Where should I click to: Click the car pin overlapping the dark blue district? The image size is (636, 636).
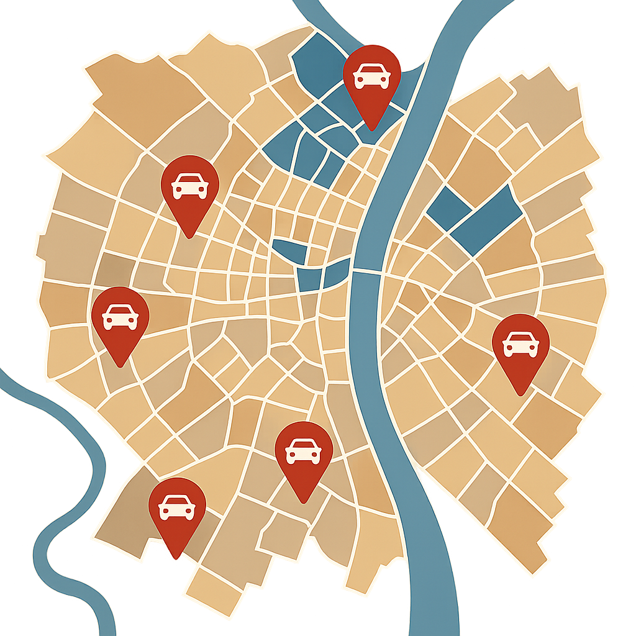tap(371, 77)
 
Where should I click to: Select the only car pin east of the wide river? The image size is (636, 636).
tap(520, 344)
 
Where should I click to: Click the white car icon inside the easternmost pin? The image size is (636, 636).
tap(520, 344)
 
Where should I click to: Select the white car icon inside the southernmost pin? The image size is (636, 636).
tap(176, 507)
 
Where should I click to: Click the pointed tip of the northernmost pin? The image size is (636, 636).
tap(371, 129)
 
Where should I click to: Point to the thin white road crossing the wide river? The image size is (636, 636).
tap(366, 271)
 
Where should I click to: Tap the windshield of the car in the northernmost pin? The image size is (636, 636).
tap(371, 70)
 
